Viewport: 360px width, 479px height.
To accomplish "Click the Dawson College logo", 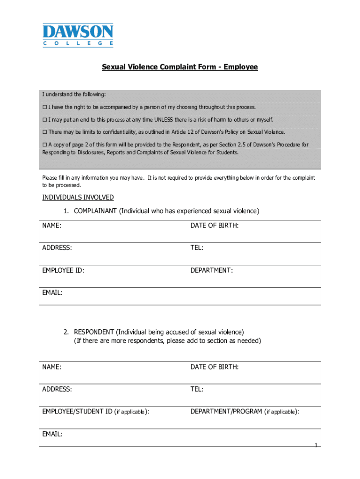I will pyautogui.click(x=78, y=35).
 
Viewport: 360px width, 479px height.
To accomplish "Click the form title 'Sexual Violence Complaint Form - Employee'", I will pyautogui.click(x=180, y=67).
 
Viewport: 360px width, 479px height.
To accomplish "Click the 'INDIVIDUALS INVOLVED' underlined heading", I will pyautogui.click(x=78, y=197).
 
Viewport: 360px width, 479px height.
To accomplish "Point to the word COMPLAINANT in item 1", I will pyautogui.click(x=95, y=211).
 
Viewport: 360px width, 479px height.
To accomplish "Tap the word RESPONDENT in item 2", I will pyautogui.click(x=94, y=332).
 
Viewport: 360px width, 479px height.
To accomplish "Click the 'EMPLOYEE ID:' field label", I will pyautogui.click(x=63, y=270).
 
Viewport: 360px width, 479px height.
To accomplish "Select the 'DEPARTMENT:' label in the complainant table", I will pyautogui.click(x=211, y=270).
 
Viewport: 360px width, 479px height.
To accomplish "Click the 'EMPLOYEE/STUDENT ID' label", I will pyautogui.click(x=77, y=412).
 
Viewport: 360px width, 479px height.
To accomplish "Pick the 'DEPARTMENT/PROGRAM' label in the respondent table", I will pyautogui.click(x=226, y=412).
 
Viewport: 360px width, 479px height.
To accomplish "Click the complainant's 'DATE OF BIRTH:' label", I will pyautogui.click(x=214, y=225).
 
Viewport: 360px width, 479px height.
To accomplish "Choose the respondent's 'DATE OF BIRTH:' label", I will pyautogui.click(x=214, y=367).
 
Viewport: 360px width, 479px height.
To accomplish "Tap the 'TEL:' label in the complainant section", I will pyautogui.click(x=196, y=248).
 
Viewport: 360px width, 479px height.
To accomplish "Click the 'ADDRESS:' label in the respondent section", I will pyautogui.click(x=57, y=389).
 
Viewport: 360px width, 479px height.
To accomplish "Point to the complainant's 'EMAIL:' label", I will pyautogui.click(x=52, y=293).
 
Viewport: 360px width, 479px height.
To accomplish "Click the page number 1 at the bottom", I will pyautogui.click(x=316, y=445).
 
